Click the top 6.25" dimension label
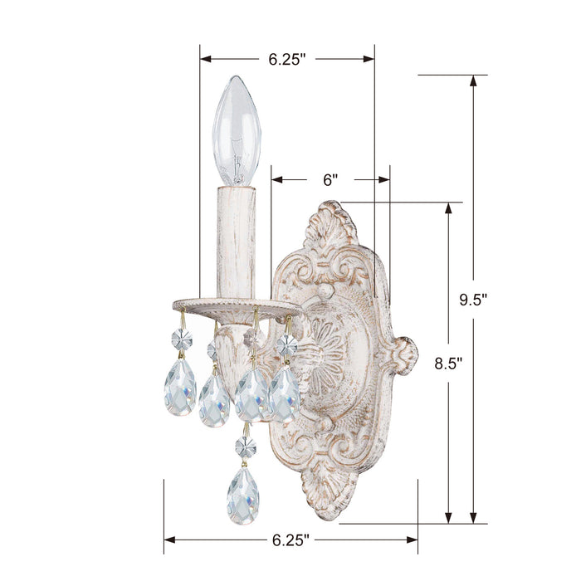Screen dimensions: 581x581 click(287, 60)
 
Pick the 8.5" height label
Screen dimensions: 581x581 click(448, 362)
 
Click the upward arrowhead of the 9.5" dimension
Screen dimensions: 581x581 click(474, 81)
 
